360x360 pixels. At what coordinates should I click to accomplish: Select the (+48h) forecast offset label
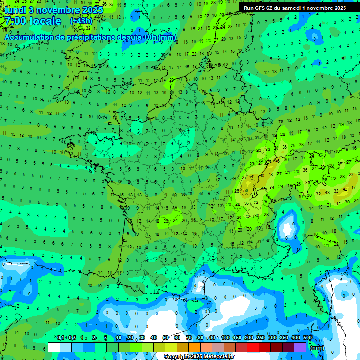pos(81,21)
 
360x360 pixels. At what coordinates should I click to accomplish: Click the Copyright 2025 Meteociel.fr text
pos(199,357)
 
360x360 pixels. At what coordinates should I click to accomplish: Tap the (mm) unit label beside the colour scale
pos(317,348)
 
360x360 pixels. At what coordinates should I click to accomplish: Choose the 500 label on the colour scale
pos(307,338)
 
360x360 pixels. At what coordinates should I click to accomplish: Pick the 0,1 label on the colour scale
pos(60,338)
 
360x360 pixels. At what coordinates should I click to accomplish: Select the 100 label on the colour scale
pos(225,338)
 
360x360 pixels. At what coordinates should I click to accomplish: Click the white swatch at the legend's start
pos(54,347)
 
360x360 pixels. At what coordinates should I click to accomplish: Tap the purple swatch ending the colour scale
pos(300,347)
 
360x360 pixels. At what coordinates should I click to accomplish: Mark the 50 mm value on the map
pos(246,191)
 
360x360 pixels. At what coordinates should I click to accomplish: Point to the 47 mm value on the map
pos(353,187)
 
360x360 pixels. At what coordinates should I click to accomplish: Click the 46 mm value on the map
pos(277,161)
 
